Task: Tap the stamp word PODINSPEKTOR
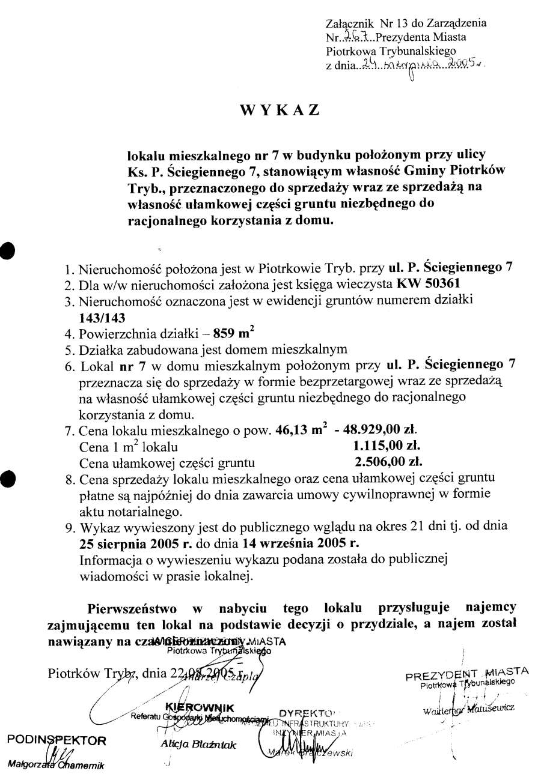coord(57,739)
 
